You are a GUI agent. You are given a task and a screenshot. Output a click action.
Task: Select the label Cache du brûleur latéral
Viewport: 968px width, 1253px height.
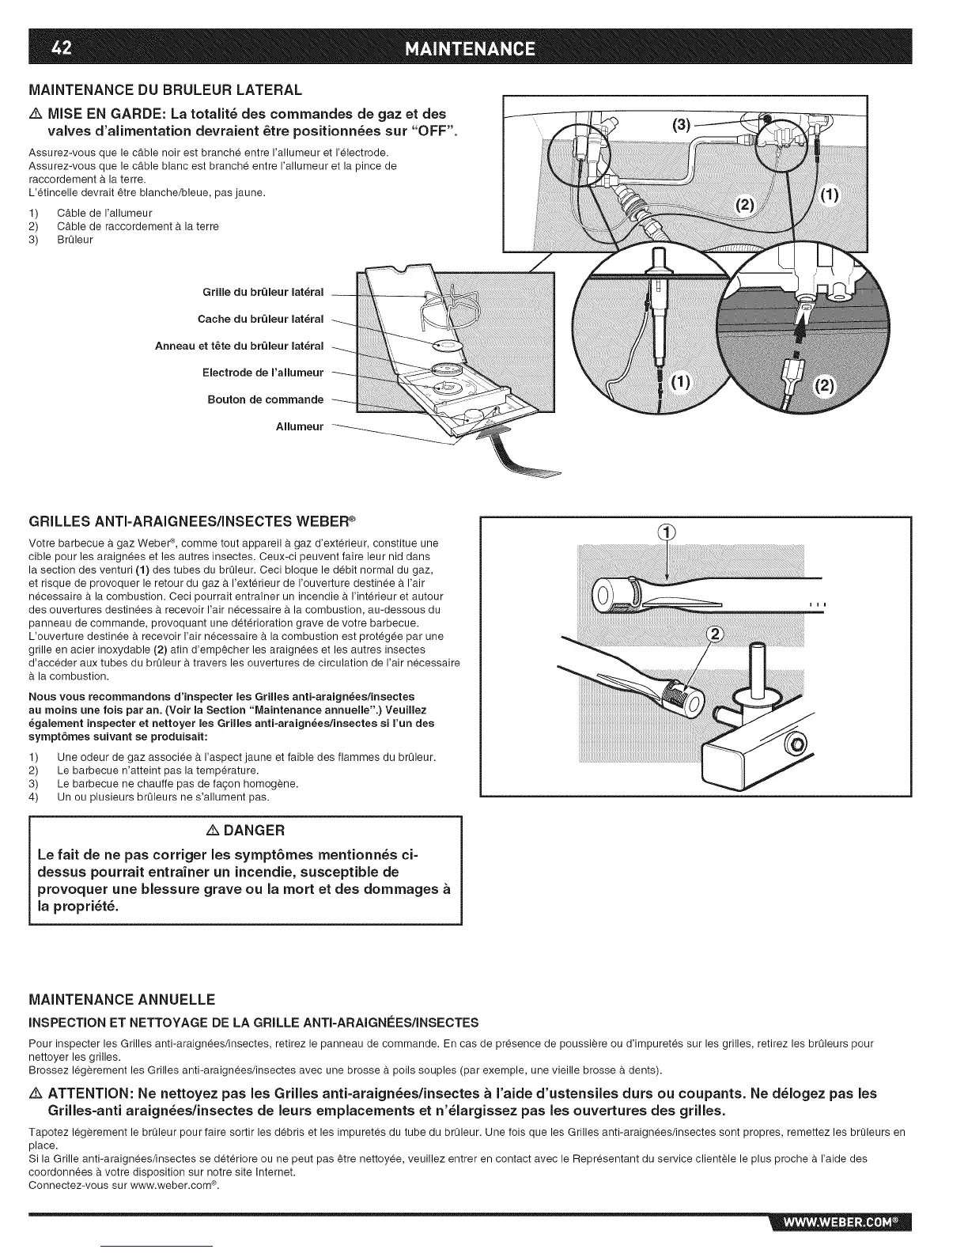click(x=260, y=319)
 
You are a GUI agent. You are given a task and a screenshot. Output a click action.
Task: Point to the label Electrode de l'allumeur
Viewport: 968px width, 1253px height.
click(x=263, y=373)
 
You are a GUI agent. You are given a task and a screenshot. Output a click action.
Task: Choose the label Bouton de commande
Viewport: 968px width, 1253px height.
click(x=265, y=399)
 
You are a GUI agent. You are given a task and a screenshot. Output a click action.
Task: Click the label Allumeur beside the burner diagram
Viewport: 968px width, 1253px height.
click(x=299, y=426)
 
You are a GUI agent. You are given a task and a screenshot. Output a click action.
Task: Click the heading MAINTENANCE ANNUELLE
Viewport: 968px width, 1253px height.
click(x=122, y=997)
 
